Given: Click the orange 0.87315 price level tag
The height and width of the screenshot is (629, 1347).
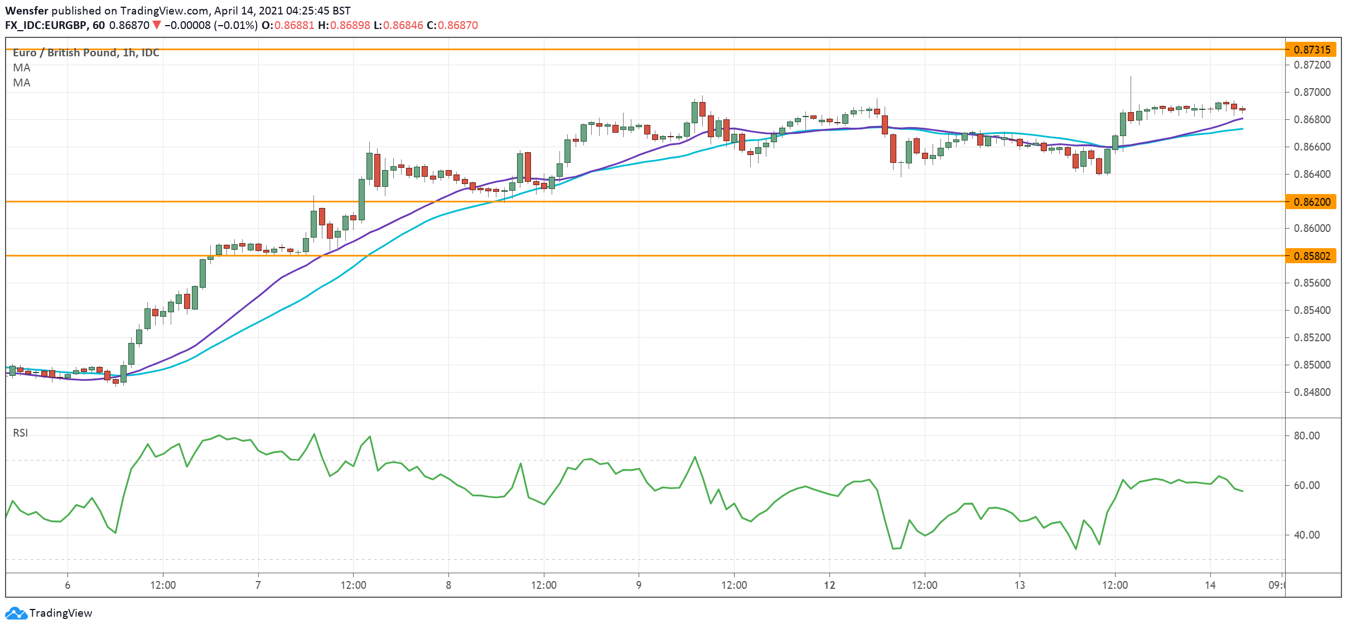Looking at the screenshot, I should click(x=1311, y=50).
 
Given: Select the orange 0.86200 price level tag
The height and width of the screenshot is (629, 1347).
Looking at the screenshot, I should click(x=1311, y=202).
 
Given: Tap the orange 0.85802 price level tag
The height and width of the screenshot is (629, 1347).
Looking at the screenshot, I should click(x=1311, y=256).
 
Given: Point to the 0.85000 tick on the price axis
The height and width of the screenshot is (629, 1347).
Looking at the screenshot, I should click(x=1311, y=365).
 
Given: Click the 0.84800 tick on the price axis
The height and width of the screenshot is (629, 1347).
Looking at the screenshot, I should click(x=1311, y=392).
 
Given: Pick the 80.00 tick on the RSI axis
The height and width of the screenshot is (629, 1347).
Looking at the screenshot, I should click(x=1306, y=436).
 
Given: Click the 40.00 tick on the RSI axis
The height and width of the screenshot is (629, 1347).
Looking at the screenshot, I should click(x=1306, y=535).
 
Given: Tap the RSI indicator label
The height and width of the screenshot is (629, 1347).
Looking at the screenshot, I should click(x=21, y=433).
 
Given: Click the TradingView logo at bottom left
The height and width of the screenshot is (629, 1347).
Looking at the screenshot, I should click(x=49, y=613).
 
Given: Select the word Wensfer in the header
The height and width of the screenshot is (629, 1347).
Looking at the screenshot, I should click(x=27, y=11).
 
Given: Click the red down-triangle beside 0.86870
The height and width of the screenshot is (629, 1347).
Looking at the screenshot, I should click(x=157, y=25).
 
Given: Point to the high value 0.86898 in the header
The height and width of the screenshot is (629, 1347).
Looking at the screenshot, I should click(x=350, y=25).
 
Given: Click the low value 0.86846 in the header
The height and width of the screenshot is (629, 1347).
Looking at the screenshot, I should click(x=403, y=25).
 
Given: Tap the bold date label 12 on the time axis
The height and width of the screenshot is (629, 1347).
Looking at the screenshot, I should click(x=829, y=585).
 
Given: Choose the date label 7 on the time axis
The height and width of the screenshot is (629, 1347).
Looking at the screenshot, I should click(x=258, y=585).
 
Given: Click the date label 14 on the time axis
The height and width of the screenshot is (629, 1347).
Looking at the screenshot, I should click(x=1210, y=585).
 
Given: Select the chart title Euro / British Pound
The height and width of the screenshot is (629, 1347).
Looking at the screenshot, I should click(x=65, y=52).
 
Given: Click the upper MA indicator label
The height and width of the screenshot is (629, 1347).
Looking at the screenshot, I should click(x=22, y=67).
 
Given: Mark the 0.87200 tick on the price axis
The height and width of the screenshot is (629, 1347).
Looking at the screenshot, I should click(x=1311, y=65).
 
